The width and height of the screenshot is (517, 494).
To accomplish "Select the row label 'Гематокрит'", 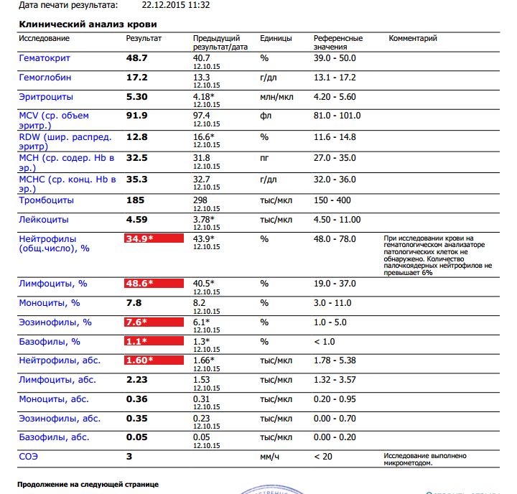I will coord(45,57).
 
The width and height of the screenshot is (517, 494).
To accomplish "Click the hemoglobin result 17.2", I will coord(136,77).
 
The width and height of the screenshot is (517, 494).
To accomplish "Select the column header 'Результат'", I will coord(144,38).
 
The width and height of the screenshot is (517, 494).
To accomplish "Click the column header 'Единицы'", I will coord(276,38).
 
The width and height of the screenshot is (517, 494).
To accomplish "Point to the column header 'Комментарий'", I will coord(413,38).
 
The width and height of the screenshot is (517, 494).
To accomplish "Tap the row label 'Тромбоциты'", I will coord(46,200).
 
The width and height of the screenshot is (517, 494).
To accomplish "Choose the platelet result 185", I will coord(136,200).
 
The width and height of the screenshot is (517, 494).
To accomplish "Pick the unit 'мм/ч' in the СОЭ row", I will coord(270,456).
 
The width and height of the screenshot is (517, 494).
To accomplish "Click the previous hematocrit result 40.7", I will coord(202,57).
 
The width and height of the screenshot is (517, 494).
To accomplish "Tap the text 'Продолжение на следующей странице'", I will coord(88,485).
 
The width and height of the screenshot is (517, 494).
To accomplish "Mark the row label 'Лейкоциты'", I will coord(44,220).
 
